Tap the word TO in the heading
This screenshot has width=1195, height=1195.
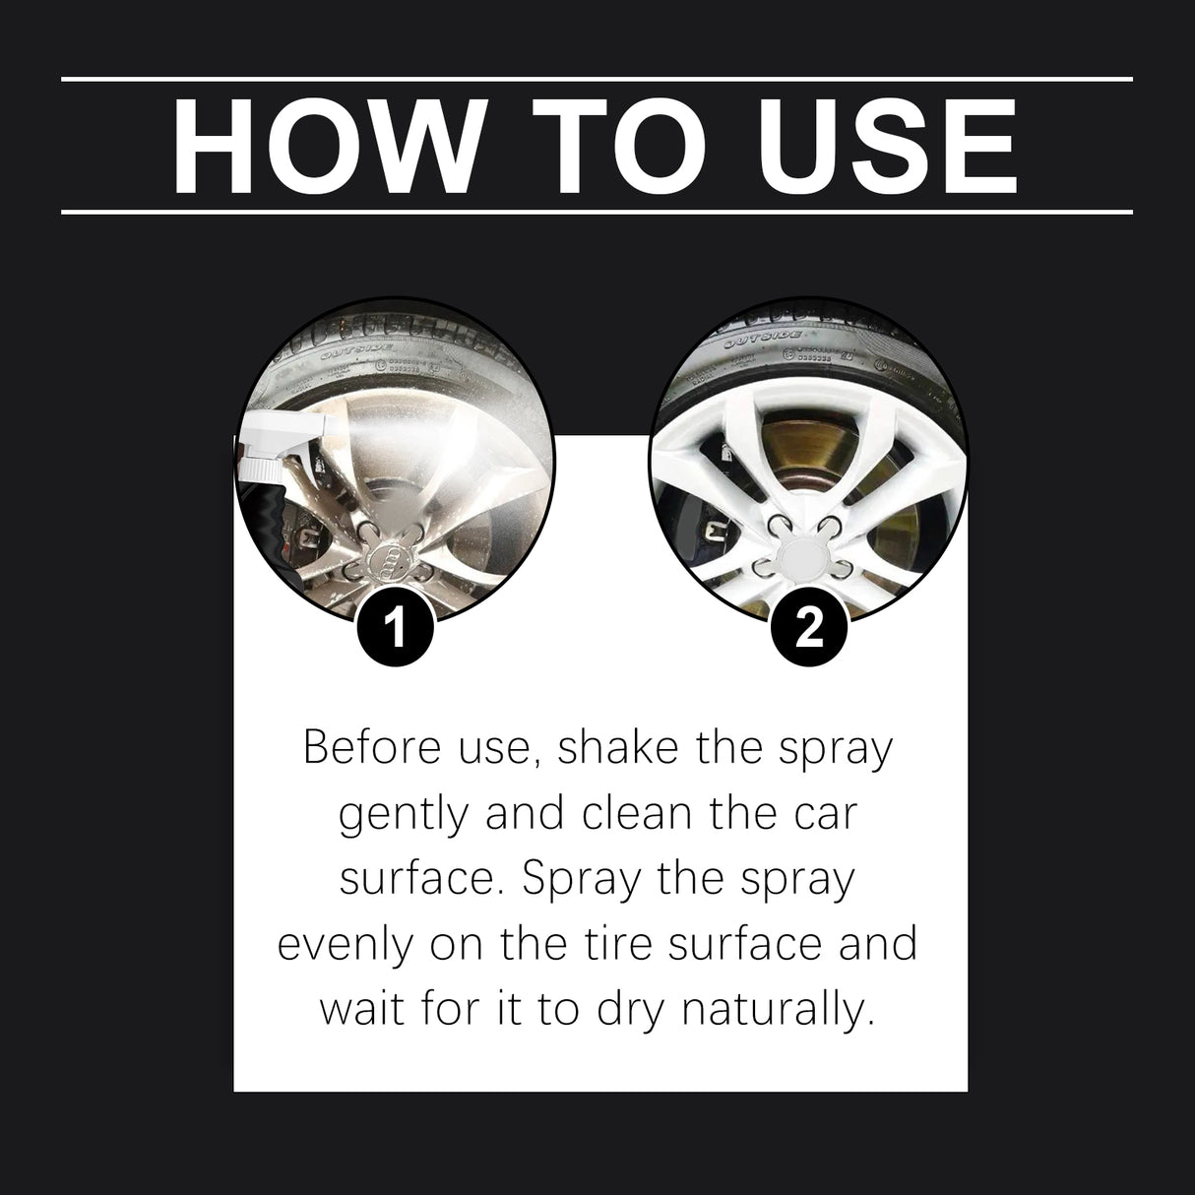pyautogui.click(x=633, y=145)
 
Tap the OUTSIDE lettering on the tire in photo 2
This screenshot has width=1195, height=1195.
pyautogui.click(x=756, y=344)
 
